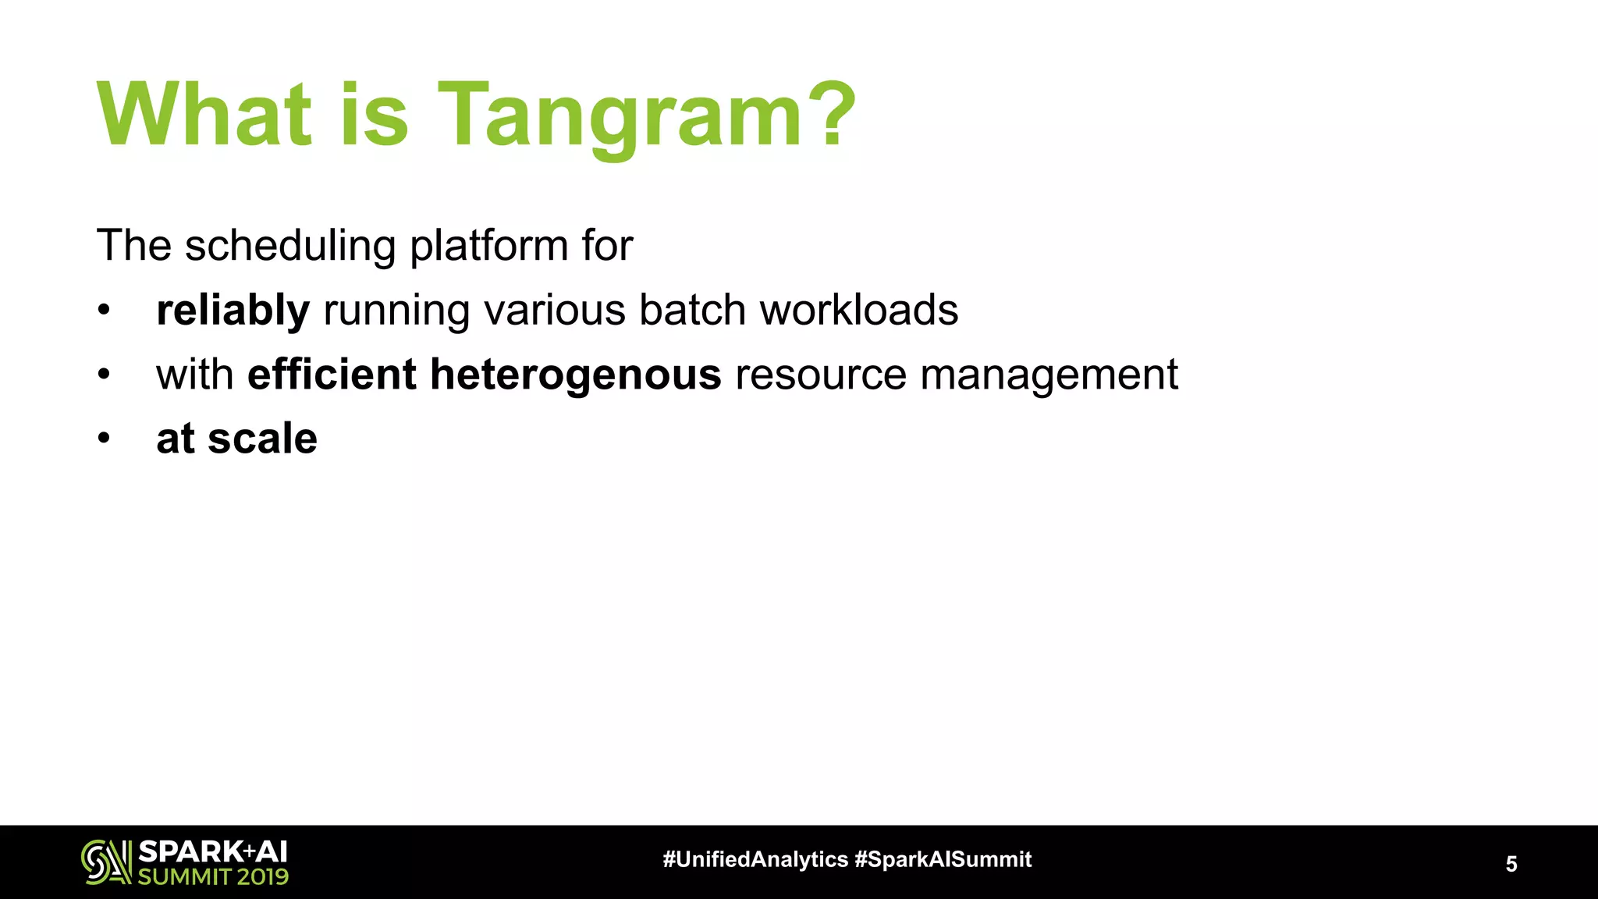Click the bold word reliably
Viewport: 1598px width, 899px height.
click(233, 311)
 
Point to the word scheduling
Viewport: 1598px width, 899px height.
click(290, 246)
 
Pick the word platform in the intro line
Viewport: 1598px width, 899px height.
click(488, 246)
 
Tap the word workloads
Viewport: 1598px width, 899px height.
click(858, 310)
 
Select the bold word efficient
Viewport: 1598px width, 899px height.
click(332, 374)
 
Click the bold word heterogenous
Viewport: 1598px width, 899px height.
click(575, 375)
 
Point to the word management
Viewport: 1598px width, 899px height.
click(1049, 375)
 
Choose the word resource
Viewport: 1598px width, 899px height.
click(820, 375)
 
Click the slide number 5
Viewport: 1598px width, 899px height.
click(1511, 864)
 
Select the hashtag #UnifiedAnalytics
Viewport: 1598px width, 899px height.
click(755, 859)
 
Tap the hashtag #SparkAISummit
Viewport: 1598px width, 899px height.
click(943, 859)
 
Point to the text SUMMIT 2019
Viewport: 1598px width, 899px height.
click(213, 877)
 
